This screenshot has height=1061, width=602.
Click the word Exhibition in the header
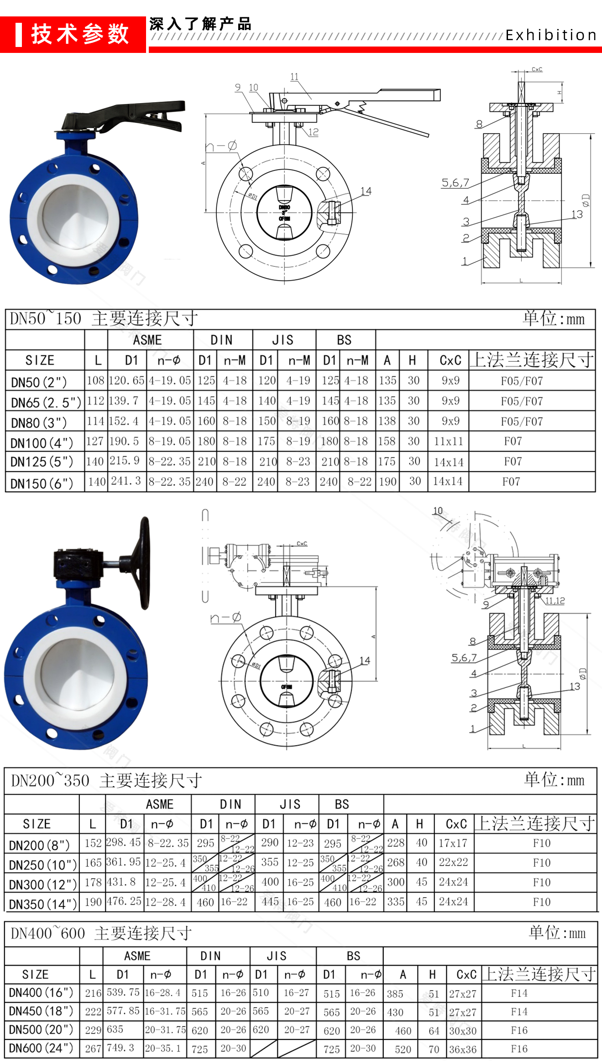[551, 35]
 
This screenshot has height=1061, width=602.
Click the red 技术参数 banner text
[80, 34]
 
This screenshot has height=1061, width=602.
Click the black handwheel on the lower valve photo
[144, 563]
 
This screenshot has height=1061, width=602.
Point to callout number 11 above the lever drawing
[294, 77]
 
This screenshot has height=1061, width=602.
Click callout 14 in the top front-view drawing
[366, 191]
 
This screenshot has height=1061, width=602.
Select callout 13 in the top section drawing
[577, 214]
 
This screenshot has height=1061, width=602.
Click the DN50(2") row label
[39, 382]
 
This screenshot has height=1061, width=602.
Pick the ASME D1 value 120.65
[126, 380]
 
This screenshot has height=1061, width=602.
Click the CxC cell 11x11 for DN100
[448, 441]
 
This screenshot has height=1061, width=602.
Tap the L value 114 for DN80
[95, 421]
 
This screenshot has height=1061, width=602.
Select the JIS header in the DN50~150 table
[283, 340]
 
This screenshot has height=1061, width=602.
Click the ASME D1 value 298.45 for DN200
[123, 843]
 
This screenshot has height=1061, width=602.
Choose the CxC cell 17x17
[453, 843]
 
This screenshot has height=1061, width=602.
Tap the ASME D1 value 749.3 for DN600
[120, 1048]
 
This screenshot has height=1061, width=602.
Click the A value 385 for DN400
[395, 993]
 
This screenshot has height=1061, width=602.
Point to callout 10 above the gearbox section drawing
[438, 511]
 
